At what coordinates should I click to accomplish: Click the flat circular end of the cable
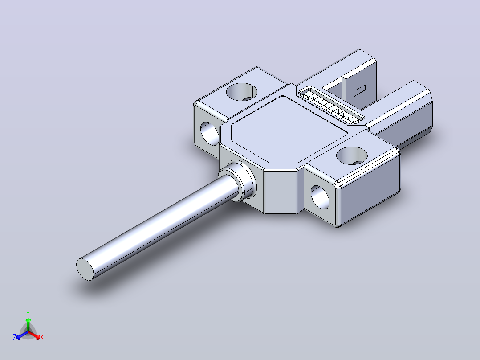(85, 269)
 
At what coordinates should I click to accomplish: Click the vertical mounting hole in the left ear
(241, 92)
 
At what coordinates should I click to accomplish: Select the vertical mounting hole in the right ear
(352, 155)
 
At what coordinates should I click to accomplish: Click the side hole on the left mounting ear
(210, 134)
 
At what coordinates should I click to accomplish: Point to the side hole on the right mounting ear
(320, 198)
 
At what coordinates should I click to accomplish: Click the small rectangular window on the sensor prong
(360, 91)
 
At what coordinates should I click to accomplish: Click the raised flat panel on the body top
(289, 129)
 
